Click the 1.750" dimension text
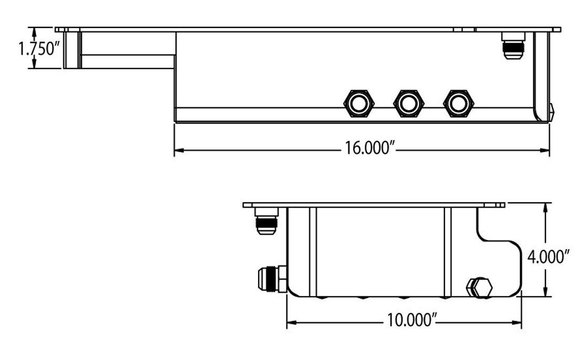[37, 49]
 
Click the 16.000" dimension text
[369, 149]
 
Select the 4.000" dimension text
[549, 257]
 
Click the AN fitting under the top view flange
[513, 45]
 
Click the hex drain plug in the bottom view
[479, 288]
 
